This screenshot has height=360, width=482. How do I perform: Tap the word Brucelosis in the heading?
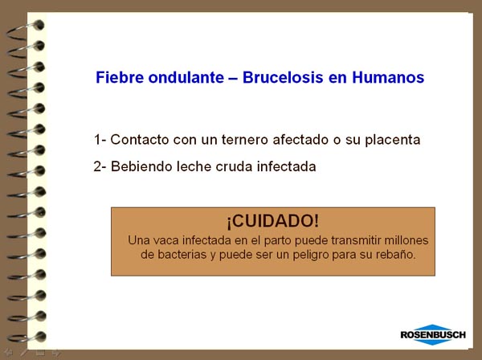[283, 77]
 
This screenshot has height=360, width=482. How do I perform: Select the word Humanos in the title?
[388, 77]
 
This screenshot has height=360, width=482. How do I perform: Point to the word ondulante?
[186, 77]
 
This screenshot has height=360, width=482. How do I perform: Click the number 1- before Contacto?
[100, 140]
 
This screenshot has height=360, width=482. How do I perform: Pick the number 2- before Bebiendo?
[100, 166]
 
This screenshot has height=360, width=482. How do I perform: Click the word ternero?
[245, 140]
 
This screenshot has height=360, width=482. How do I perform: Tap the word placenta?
[393, 140]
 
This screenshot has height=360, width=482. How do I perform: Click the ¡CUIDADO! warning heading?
[273, 221]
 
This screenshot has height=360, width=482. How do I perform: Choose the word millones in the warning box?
[406, 240]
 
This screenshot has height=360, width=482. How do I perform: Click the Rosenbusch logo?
[433, 334]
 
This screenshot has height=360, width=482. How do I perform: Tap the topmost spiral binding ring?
[27, 30]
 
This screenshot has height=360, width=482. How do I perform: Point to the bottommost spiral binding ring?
[27, 337]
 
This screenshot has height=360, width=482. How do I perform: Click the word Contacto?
[140, 140]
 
